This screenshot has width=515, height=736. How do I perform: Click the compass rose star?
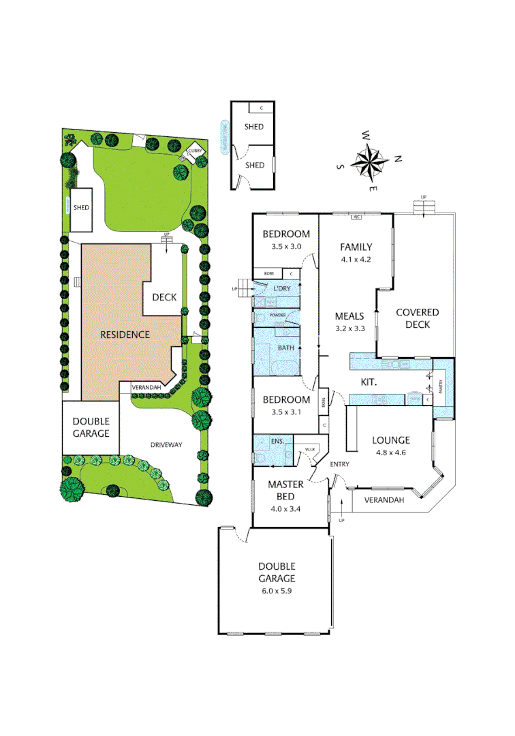[x=369, y=162]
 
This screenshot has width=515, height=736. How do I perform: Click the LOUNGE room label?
[x=390, y=440]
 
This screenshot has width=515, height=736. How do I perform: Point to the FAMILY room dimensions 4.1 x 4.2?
[x=356, y=260]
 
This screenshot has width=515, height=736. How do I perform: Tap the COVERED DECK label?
[x=417, y=318]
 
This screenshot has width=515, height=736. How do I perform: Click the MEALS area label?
[x=350, y=316]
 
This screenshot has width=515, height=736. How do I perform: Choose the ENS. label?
[x=277, y=442]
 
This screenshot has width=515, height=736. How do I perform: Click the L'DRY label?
[x=281, y=289]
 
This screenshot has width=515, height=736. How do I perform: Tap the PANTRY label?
[x=440, y=388]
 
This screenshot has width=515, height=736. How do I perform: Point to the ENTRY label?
[x=340, y=464]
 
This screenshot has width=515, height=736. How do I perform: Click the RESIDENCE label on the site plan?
[x=125, y=335]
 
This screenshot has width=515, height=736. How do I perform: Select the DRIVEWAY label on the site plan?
[x=167, y=445]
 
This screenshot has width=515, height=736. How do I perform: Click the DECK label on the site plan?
[x=164, y=297]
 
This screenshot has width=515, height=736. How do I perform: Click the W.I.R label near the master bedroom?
[x=309, y=449]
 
